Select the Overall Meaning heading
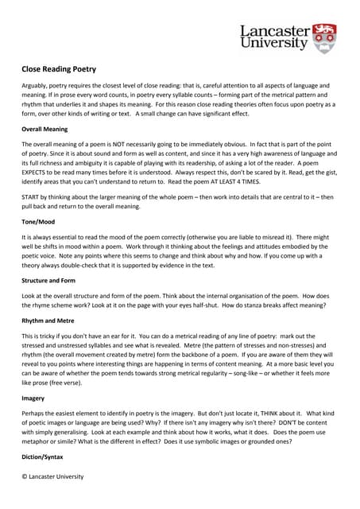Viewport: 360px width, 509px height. pos(49,128)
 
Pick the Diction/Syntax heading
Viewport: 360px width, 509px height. pos(46,457)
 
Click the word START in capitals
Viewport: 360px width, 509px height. pos(31,196)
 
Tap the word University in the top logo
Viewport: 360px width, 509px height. pos(273,45)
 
